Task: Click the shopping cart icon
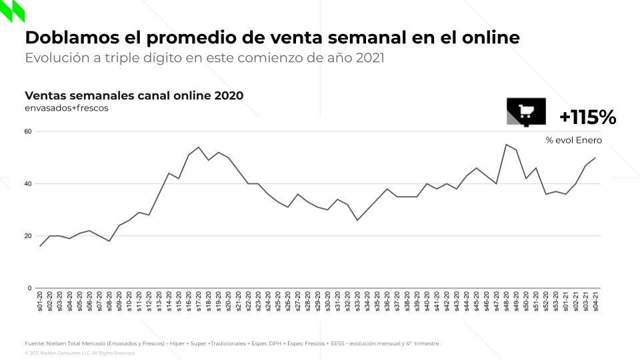(526, 112)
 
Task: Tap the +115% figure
(587, 117)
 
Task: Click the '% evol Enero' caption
(573, 140)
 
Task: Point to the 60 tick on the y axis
(28, 131)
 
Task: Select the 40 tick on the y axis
(28, 183)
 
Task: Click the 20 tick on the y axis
(28, 236)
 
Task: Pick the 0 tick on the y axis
(29, 288)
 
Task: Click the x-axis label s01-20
(41, 301)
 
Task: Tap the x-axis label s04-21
(595, 301)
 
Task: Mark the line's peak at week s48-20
(506, 145)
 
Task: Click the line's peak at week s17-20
(199, 147)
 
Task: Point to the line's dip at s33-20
(357, 220)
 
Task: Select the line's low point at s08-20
(109, 241)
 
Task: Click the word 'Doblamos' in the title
(63, 37)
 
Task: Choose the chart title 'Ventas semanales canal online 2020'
(133, 95)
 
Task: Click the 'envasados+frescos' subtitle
(66, 107)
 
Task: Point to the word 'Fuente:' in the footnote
(35, 343)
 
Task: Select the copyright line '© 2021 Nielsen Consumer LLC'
(79, 353)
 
